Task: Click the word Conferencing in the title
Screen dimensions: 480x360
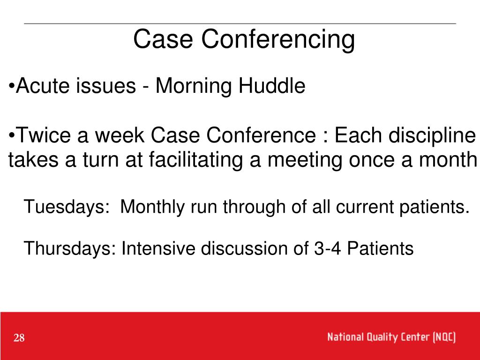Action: coord(278,40)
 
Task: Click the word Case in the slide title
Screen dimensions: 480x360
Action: coord(163,39)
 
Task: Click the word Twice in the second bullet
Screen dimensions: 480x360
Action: coord(43,135)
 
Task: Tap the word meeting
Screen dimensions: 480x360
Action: coord(305,160)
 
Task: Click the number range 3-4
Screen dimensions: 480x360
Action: coord(327,248)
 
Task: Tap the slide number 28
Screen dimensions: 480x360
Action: coord(19,337)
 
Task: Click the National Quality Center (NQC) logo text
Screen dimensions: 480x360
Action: coord(391,337)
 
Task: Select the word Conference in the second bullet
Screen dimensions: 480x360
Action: coord(261,135)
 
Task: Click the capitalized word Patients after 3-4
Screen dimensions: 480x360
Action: coord(380,248)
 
